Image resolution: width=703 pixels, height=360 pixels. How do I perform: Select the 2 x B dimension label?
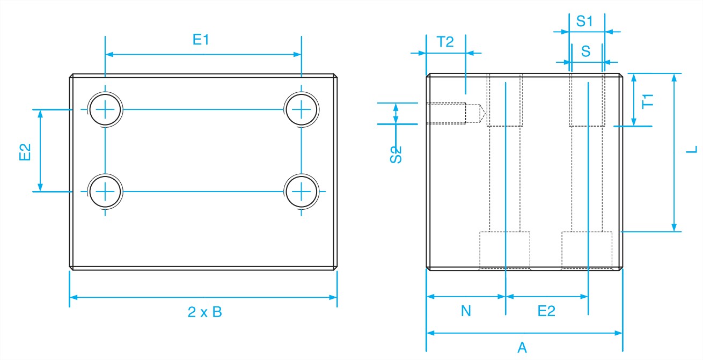click(x=204, y=313)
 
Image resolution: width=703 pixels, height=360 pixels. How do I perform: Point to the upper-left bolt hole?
click(x=106, y=109)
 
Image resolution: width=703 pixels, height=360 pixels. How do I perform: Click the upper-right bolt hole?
click(x=302, y=109)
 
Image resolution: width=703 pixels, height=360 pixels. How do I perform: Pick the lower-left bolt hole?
click(x=106, y=190)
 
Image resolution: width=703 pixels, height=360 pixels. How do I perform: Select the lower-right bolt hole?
click(x=302, y=190)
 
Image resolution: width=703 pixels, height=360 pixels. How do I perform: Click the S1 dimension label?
click(x=584, y=21)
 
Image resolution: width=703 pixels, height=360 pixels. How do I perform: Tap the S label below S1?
click(x=585, y=51)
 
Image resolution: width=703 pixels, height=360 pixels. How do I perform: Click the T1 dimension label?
click(x=648, y=100)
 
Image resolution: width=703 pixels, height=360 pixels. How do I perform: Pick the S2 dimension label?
click(x=396, y=155)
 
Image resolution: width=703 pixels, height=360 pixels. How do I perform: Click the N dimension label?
click(x=466, y=311)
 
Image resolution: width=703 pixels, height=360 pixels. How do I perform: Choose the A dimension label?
click(x=522, y=348)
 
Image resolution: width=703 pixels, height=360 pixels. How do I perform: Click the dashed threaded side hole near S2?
click(x=451, y=114)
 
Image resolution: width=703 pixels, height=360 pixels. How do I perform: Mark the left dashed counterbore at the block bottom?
click(x=504, y=250)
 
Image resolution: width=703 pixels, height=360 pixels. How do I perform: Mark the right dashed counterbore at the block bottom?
click(x=587, y=250)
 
